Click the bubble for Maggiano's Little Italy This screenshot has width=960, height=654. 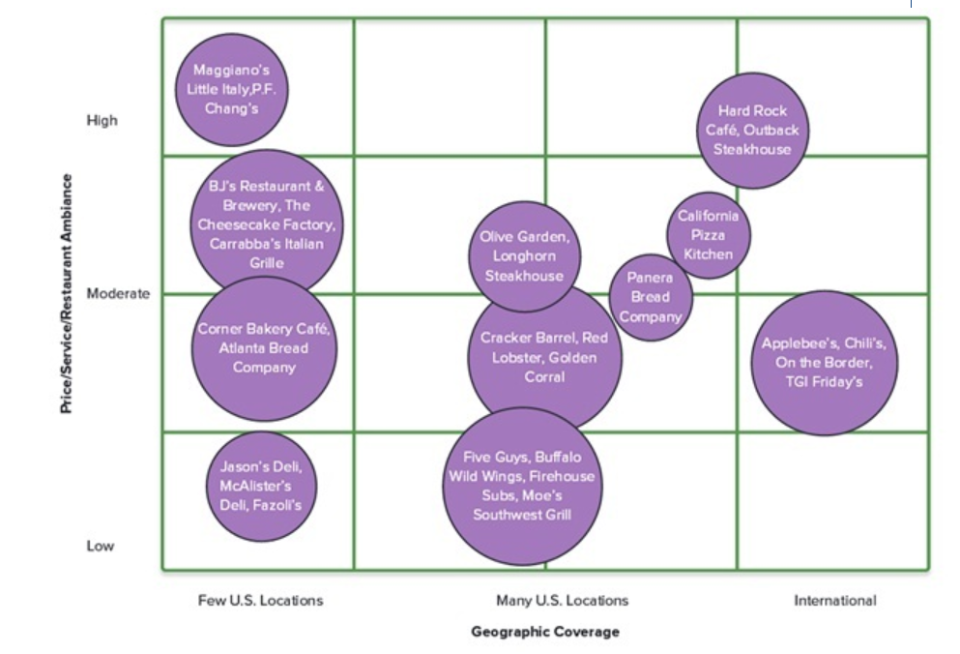point(232,89)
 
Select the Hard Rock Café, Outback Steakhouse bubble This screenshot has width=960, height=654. point(752,131)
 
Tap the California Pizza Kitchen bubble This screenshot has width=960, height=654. point(709,235)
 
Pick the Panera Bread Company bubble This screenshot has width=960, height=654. point(651,297)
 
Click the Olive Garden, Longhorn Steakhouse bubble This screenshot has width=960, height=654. point(525,256)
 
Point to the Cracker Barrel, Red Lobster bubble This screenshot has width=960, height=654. point(544,357)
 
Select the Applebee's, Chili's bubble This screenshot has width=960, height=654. point(824,362)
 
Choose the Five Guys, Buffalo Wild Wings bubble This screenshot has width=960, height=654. point(522,486)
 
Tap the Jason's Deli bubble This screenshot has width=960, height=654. point(261,486)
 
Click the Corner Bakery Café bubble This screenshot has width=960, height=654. point(264,348)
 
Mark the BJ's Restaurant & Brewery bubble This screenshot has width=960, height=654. point(266,223)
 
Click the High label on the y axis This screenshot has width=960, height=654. point(102,121)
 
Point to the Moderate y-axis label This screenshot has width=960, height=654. point(118,293)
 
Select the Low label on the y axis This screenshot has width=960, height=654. point(100,546)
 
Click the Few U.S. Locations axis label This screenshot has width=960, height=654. point(260,601)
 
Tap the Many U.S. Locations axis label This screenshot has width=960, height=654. point(562,601)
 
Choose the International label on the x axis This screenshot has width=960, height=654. point(834,601)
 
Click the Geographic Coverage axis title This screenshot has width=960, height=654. point(545,632)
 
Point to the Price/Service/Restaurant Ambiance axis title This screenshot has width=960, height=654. point(67,294)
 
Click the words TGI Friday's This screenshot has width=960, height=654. point(824,382)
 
